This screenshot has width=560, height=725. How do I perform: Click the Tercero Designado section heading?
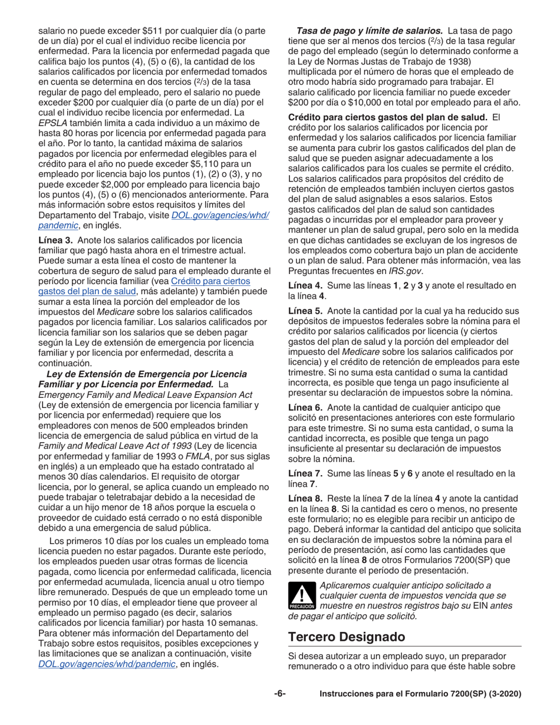coord(347,637)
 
